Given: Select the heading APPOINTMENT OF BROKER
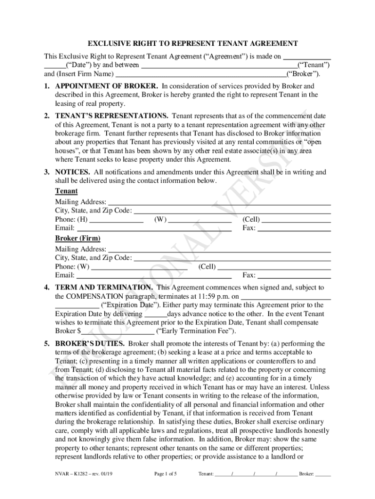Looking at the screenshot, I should pyautogui.click(x=107, y=86).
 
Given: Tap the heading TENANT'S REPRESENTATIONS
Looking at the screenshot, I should pyautogui.click(x=112, y=116).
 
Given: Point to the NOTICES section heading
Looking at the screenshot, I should pyautogui.click(x=73, y=172).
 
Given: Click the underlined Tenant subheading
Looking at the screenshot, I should pyautogui.click(x=66, y=192).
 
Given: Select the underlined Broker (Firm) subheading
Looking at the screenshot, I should pyautogui.click(x=77, y=238).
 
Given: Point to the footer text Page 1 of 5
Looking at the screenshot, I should pyautogui.click(x=166, y=473).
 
